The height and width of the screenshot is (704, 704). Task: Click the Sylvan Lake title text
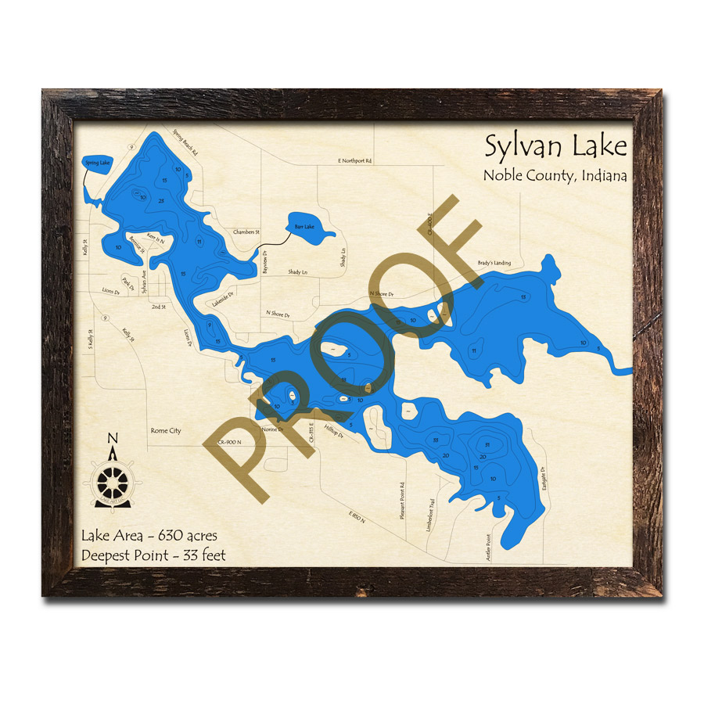[555, 146]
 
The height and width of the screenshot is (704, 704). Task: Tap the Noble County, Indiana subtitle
[555, 176]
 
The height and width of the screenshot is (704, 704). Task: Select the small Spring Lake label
[97, 163]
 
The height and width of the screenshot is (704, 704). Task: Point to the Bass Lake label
[303, 227]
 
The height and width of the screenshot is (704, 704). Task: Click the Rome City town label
[165, 431]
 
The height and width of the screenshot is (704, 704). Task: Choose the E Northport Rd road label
[355, 161]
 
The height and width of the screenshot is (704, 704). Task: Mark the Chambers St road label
[246, 232]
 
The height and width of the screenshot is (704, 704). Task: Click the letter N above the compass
[113, 439]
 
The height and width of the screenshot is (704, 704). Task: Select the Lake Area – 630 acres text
[149, 537]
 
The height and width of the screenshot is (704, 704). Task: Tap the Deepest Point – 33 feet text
[153, 556]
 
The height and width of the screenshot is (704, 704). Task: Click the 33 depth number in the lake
[435, 440]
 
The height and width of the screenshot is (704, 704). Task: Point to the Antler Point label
[487, 548]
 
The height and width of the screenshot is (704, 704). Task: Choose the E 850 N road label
[357, 518]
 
